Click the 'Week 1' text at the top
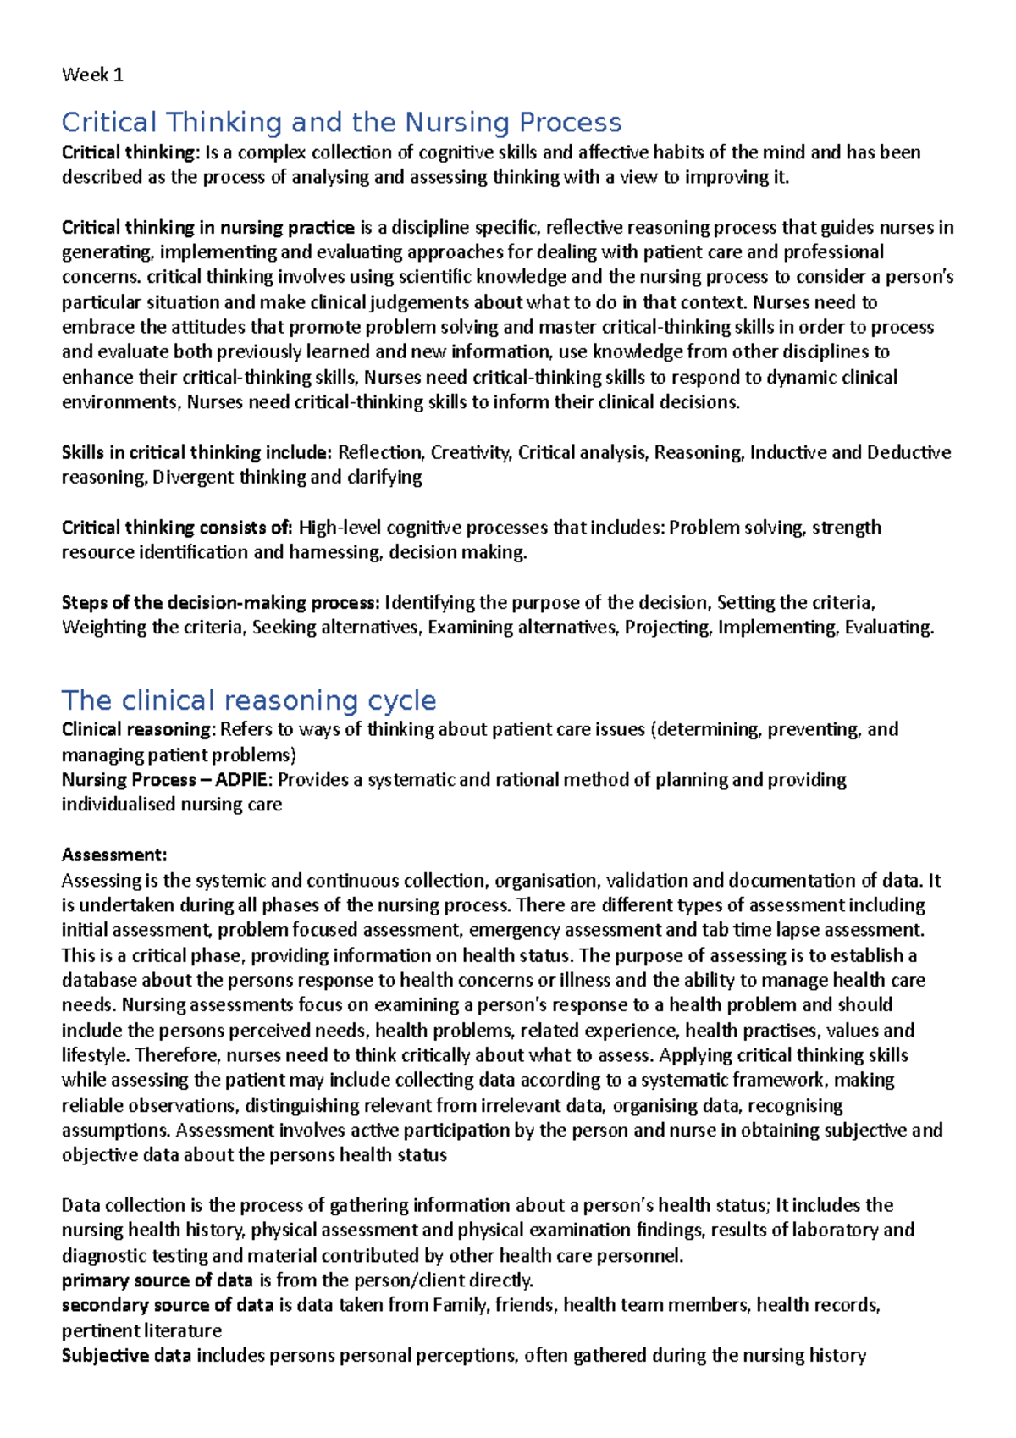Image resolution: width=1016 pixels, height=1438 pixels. point(92,75)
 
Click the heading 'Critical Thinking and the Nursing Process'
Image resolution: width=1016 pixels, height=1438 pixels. point(341,123)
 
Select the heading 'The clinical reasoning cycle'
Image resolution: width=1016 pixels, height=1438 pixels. point(249,700)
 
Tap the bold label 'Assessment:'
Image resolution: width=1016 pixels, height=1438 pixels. point(114,855)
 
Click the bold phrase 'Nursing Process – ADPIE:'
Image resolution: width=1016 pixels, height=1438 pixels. point(167,779)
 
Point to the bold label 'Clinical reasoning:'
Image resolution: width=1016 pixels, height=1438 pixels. point(139,729)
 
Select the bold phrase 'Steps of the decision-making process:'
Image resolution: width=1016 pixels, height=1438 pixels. point(220,602)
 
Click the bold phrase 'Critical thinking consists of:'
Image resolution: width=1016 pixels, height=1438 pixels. point(177,528)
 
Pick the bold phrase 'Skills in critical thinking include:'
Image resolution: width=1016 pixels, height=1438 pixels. point(197,452)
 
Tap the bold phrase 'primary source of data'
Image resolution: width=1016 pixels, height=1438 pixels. point(157,1280)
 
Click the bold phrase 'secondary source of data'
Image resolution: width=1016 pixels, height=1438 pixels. point(168,1305)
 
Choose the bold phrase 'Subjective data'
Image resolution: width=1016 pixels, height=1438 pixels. point(126,1355)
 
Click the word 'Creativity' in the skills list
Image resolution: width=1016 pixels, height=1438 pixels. point(470,452)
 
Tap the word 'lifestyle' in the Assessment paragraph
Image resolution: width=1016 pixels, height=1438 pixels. point(94,1055)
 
